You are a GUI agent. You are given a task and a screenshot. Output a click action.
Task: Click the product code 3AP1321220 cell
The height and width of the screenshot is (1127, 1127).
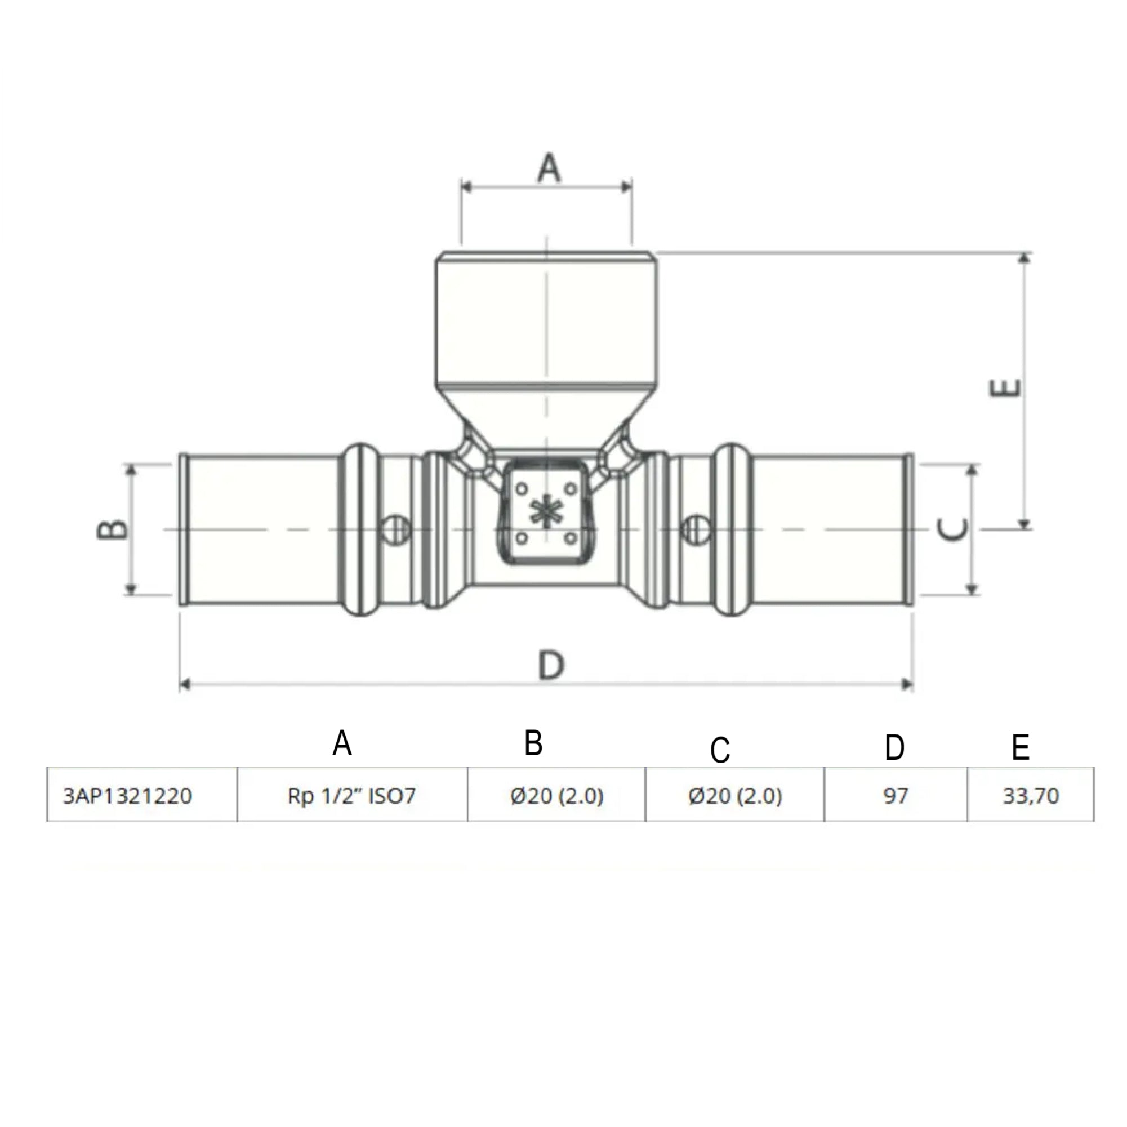[x=127, y=796]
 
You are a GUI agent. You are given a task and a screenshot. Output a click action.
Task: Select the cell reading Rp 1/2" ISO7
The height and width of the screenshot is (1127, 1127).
[x=352, y=796]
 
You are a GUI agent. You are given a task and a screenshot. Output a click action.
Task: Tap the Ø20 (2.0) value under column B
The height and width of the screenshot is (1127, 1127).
[x=556, y=796]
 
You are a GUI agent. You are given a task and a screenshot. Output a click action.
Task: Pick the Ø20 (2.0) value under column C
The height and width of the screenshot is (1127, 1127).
[x=735, y=796]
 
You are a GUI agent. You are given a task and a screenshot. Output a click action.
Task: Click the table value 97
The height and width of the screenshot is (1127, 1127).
[x=896, y=796]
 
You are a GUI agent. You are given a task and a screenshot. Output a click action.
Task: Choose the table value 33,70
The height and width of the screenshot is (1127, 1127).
[x=1031, y=796]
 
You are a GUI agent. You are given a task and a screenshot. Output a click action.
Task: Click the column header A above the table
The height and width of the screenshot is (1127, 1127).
[x=342, y=744]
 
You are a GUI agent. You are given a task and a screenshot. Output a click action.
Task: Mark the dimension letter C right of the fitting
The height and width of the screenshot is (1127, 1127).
[x=951, y=529]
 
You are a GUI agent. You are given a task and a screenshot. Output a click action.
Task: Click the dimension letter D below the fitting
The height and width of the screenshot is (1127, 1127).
[x=551, y=666]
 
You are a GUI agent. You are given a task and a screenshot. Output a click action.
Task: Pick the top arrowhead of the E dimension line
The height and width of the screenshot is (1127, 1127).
[x=1024, y=259]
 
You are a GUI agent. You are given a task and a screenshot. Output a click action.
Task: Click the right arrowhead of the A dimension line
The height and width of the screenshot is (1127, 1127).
[x=627, y=186]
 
